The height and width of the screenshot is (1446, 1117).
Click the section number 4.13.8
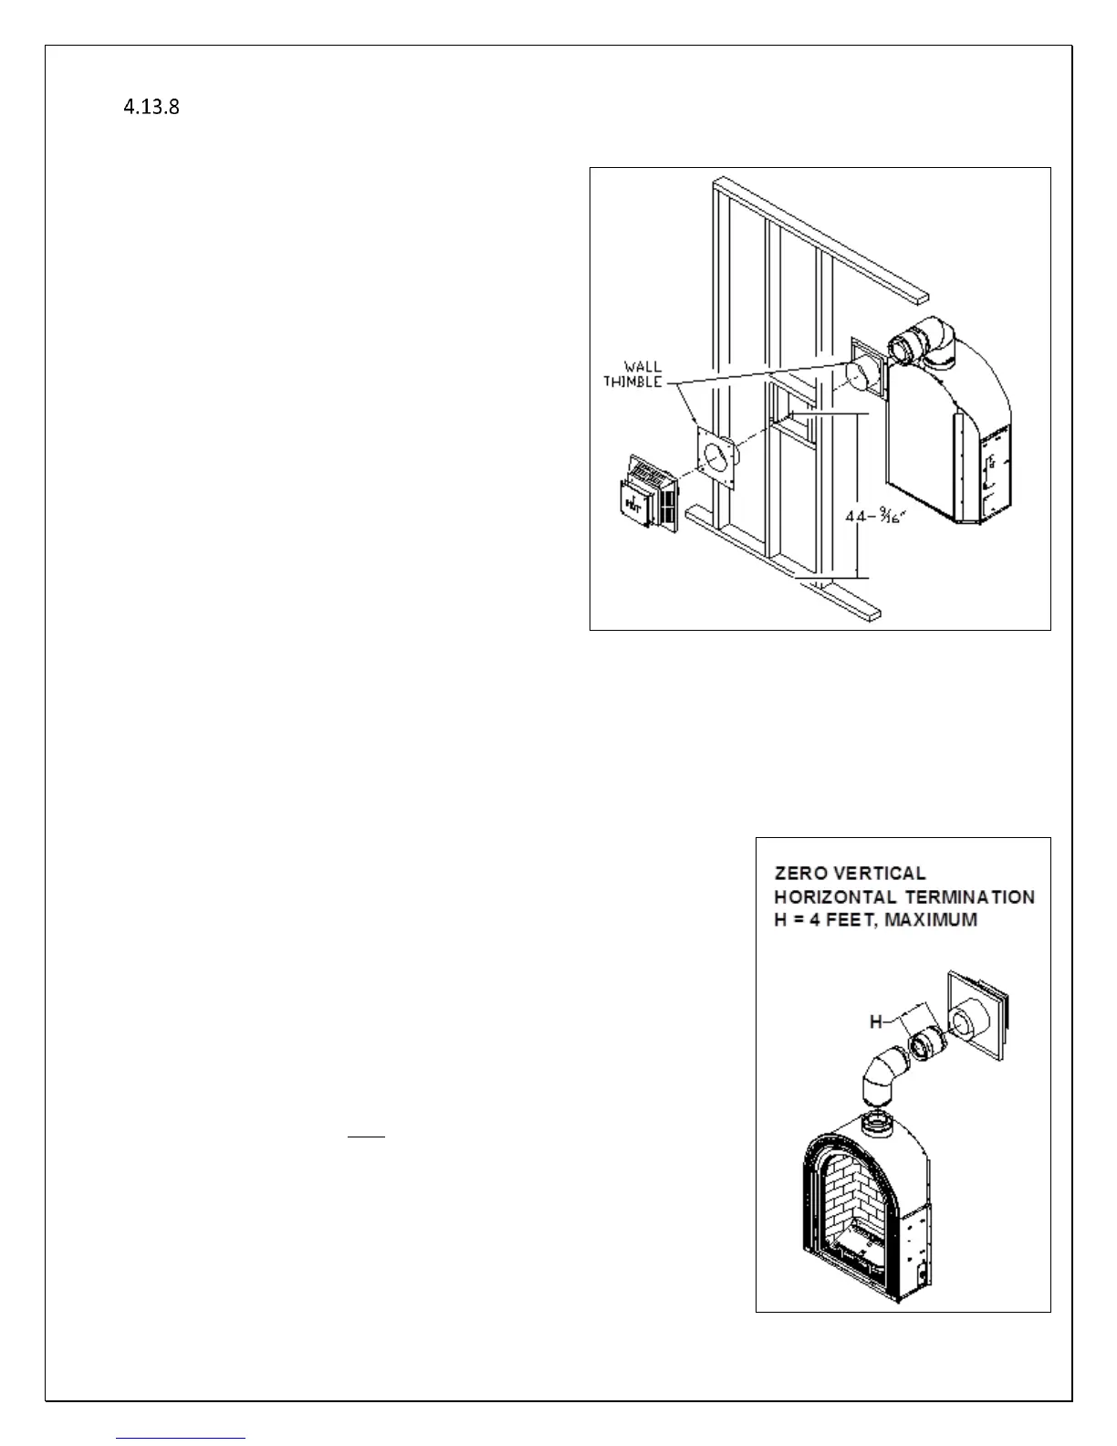click(x=151, y=108)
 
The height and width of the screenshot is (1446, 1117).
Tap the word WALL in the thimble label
click(x=642, y=368)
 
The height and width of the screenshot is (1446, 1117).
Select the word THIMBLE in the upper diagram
click(x=632, y=382)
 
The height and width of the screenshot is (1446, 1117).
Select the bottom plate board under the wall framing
click(x=785, y=566)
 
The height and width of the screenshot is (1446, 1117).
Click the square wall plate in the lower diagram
click(x=978, y=1014)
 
